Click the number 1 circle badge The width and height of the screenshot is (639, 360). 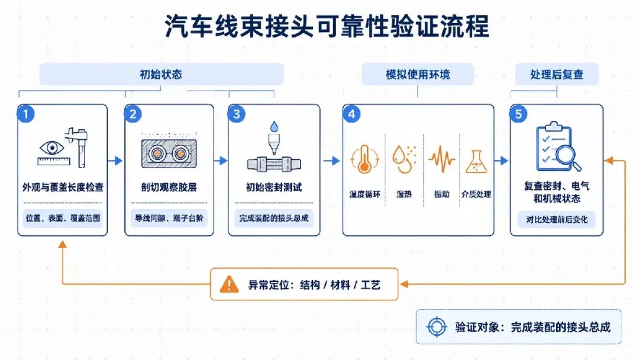(x=25, y=114)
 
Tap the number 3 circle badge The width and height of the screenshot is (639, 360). (x=236, y=114)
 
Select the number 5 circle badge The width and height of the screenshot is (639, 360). (x=518, y=114)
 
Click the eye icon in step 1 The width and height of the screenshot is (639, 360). (x=51, y=147)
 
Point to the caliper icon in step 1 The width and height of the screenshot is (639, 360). (x=78, y=147)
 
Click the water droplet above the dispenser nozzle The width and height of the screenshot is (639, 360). (x=275, y=126)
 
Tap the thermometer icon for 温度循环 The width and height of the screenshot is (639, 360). (x=364, y=159)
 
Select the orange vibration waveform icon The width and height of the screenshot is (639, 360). (x=442, y=159)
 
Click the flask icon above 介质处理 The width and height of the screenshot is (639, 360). (x=476, y=162)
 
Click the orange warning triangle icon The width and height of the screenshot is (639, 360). (x=229, y=284)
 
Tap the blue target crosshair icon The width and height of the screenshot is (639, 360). (x=437, y=327)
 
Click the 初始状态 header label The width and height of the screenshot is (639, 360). (x=162, y=74)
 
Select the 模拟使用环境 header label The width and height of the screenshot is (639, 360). (x=418, y=74)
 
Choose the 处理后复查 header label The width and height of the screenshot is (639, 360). (x=557, y=74)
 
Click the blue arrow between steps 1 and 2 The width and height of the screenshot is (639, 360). (x=115, y=160)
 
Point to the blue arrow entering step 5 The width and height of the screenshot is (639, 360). (x=502, y=160)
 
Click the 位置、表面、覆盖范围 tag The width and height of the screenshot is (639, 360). (x=63, y=218)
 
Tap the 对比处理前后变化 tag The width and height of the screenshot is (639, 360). (x=557, y=219)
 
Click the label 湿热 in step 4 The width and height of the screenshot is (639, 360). (x=404, y=194)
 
